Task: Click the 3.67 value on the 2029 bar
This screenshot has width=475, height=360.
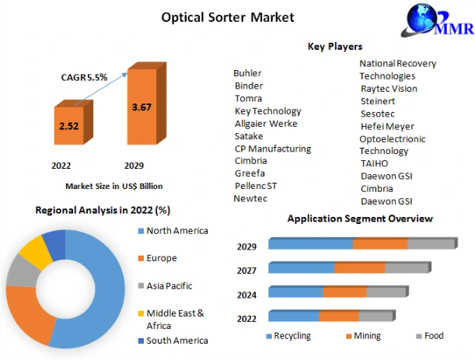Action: tap(141, 107)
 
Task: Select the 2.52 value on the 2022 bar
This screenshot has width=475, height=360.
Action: tap(69, 126)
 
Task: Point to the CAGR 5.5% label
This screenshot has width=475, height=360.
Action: tap(84, 77)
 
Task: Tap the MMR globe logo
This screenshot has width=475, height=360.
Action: tap(437, 20)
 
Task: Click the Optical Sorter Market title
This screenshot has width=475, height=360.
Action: tap(228, 17)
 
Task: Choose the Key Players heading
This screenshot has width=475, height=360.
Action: tap(335, 47)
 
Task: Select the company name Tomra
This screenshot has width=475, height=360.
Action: tap(249, 99)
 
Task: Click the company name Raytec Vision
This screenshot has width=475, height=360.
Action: tap(389, 89)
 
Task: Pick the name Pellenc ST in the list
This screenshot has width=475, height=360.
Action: tap(256, 186)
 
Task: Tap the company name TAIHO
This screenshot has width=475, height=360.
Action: tap(375, 163)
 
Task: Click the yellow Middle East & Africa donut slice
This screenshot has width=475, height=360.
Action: tap(36, 253)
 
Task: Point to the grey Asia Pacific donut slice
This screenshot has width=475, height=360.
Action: tap(23, 271)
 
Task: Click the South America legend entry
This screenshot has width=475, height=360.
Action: tap(173, 341)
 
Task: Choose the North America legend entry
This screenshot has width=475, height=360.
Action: tap(173, 231)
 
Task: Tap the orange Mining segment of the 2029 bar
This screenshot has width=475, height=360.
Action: tap(380, 243)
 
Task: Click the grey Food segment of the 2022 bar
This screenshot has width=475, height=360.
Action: tap(375, 316)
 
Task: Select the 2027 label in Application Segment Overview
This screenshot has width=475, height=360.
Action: tap(246, 271)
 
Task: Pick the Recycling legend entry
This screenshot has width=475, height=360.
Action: tap(288, 336)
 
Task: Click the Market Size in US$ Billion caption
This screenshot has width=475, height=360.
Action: tap(114, 186)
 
